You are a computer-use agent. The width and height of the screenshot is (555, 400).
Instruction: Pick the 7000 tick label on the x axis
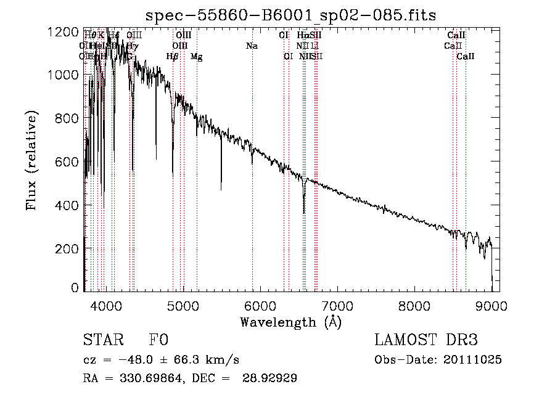pos(337,305)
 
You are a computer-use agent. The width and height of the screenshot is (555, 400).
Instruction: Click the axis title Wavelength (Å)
pos(290,322)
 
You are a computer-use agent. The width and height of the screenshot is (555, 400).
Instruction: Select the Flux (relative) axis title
pos(31,160)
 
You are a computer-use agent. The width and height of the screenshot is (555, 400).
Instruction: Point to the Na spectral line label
pos(252,46)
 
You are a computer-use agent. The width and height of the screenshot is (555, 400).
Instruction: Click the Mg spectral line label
pos(196,57)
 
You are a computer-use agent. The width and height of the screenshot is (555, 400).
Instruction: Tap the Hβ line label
pos(173,57)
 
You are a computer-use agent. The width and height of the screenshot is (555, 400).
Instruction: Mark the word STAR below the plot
pos(102,341)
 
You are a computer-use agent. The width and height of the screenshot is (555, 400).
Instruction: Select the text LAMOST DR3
pos(426,341)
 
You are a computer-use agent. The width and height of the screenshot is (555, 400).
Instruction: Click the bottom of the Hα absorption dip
pos(304,213)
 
